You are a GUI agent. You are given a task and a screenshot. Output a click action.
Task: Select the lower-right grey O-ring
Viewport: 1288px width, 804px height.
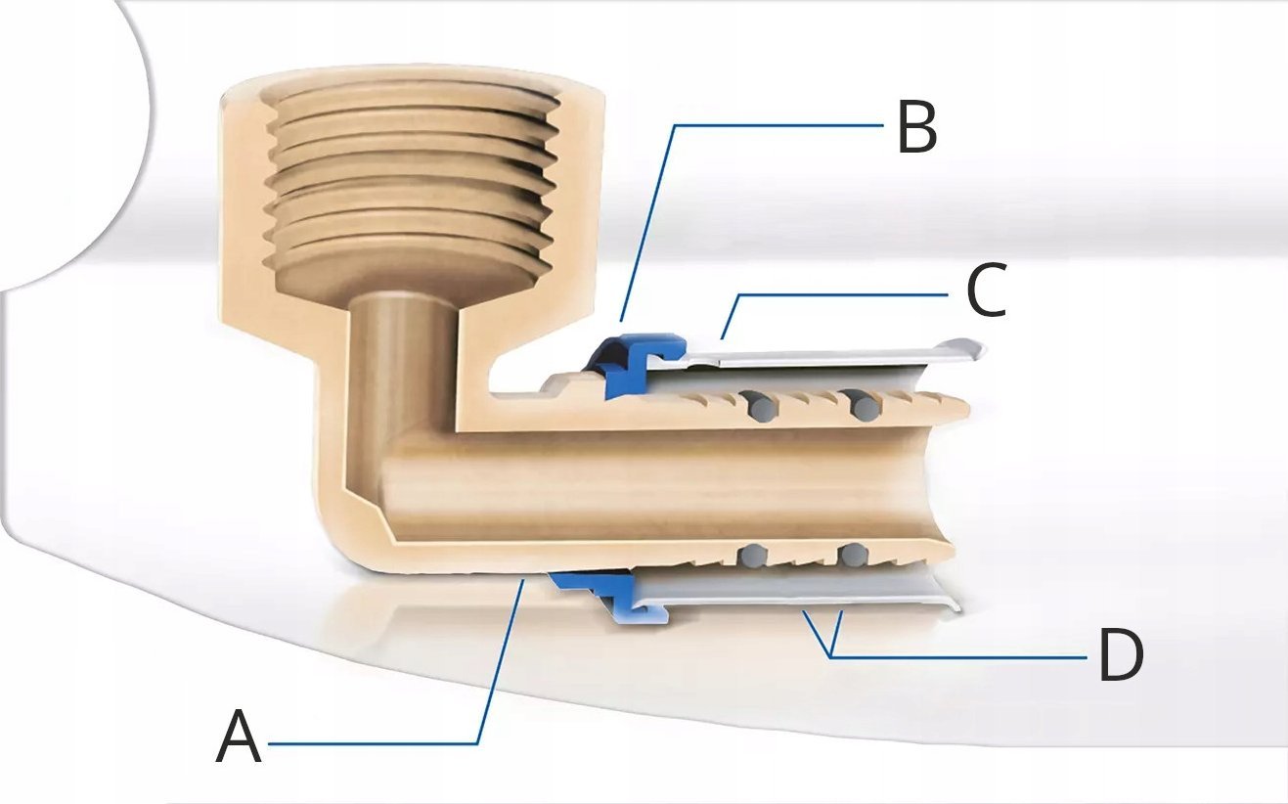pos(853,554)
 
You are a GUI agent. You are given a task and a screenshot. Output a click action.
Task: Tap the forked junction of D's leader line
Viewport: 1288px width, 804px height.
pos(831,656)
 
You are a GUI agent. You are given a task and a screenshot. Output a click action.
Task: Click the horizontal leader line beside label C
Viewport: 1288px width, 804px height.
pos(843,295)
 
